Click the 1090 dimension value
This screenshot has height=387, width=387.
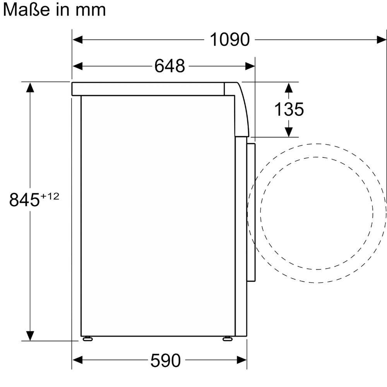point(229,39)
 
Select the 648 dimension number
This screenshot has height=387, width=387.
point(170,66)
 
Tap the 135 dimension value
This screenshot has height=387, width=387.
point(289,110)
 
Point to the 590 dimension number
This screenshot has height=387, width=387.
point(166,361)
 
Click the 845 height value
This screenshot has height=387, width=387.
point(24,200)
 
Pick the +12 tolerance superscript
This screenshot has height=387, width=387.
point(50,196)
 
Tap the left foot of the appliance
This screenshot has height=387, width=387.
point(87,339)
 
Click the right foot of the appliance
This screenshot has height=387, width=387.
point(227,339)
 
